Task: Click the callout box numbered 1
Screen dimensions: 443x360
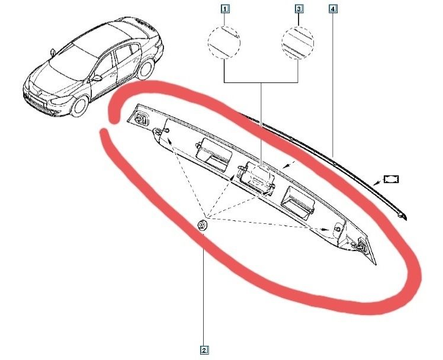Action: pyautogui.click(x=224, y=9)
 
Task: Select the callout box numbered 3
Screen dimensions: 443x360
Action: pyautogui.click(x=299, y=9)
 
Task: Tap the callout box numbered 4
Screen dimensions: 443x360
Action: pyautogui.click(x=333, y=9)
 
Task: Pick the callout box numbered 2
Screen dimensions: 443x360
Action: pyautogui.click(x=204, y=351)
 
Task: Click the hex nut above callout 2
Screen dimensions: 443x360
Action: pyautogui.click(x=202, y=226)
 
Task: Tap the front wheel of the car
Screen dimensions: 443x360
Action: pyautogui.click(x=80, y=106)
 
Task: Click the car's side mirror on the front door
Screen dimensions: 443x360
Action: pyautogui.click(x=97, y=78)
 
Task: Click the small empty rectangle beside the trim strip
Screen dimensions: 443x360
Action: pyautogui.click(x=391, y=179)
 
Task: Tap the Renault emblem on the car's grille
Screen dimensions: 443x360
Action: pyautogui.click(x=40, y=92)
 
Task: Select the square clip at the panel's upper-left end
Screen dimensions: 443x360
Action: pyautogui.click(x=142, y=118)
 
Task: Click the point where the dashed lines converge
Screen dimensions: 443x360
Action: pyautogui.click(x=207, y=217)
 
